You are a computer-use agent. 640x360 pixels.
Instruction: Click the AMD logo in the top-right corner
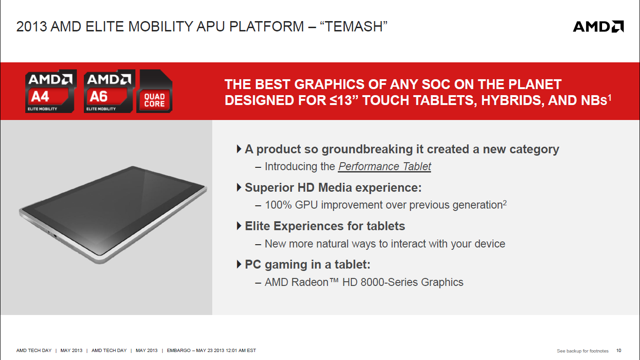coord(598,27)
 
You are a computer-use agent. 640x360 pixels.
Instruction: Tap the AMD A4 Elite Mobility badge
coord(51,91)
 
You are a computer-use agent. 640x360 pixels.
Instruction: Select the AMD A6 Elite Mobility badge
coord(110,91)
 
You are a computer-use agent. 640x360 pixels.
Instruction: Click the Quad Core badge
coord(154,91)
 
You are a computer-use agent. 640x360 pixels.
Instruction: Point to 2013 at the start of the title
coord(31,27)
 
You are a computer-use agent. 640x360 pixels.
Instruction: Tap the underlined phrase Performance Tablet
coord(385,166)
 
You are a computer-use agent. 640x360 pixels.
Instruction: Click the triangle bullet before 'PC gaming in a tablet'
coord(239,264)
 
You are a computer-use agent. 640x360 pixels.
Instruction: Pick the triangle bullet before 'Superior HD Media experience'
coord(239,187)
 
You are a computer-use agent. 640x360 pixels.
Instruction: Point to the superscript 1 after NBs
coord(610,98)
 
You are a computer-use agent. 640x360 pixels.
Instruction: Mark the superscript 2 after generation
coord(505,202)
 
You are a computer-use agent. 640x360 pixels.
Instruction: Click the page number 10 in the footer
coord(619,351)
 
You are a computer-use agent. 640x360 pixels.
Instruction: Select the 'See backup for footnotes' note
coord(582,351)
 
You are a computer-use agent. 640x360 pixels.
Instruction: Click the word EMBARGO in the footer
coord(179,351)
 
